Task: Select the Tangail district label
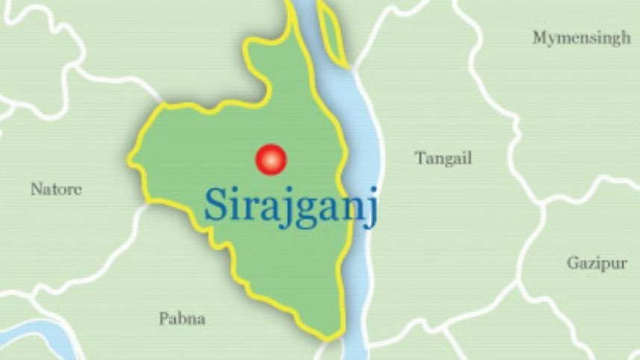click(444, 158)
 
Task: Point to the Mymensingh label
click(581, 39)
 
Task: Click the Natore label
click(56, 189)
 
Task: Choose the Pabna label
click(181, 319)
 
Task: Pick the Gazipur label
click(596, 263)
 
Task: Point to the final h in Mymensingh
click(625, 38)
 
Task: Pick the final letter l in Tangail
click(470, 158)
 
